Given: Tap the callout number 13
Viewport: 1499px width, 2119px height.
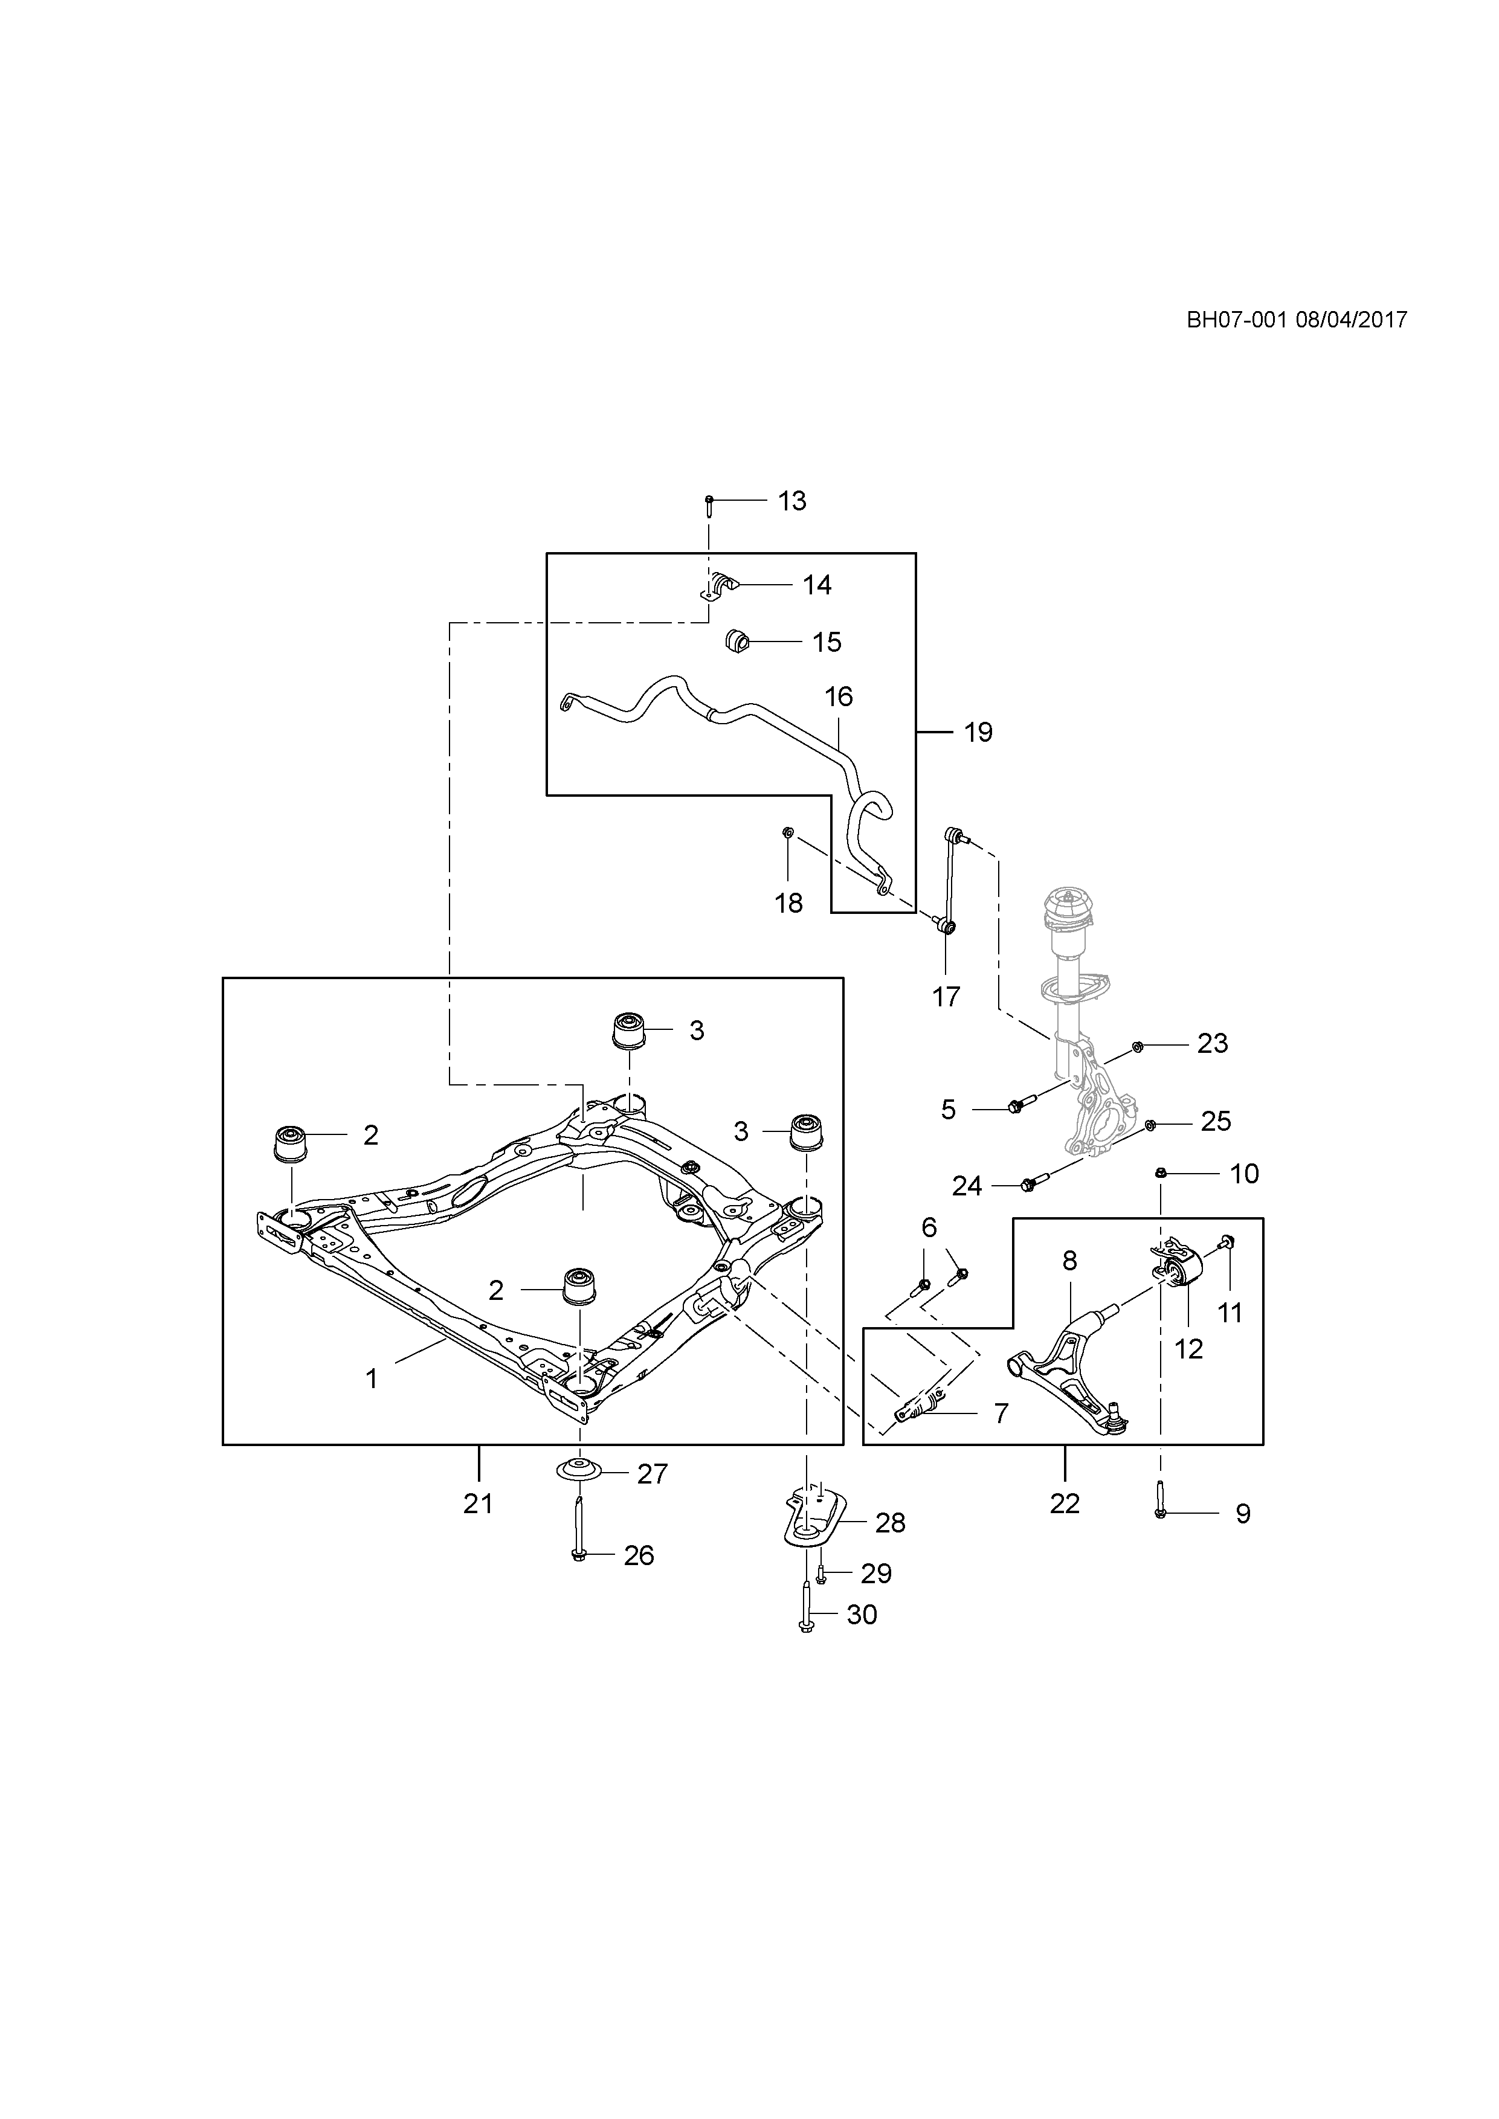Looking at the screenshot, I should (792, 501).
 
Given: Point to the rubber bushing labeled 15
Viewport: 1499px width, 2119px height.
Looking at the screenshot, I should (738, 640).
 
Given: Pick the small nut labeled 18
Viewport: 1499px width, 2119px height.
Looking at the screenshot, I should (787, 834).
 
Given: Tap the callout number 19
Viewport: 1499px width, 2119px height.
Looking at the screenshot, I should (978, 733).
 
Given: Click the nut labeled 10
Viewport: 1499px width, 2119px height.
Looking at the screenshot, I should (1162, 1173).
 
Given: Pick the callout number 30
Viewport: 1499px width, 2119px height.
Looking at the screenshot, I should (861, 1615).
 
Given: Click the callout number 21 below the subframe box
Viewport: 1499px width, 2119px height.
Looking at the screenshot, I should (478, 1504).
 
